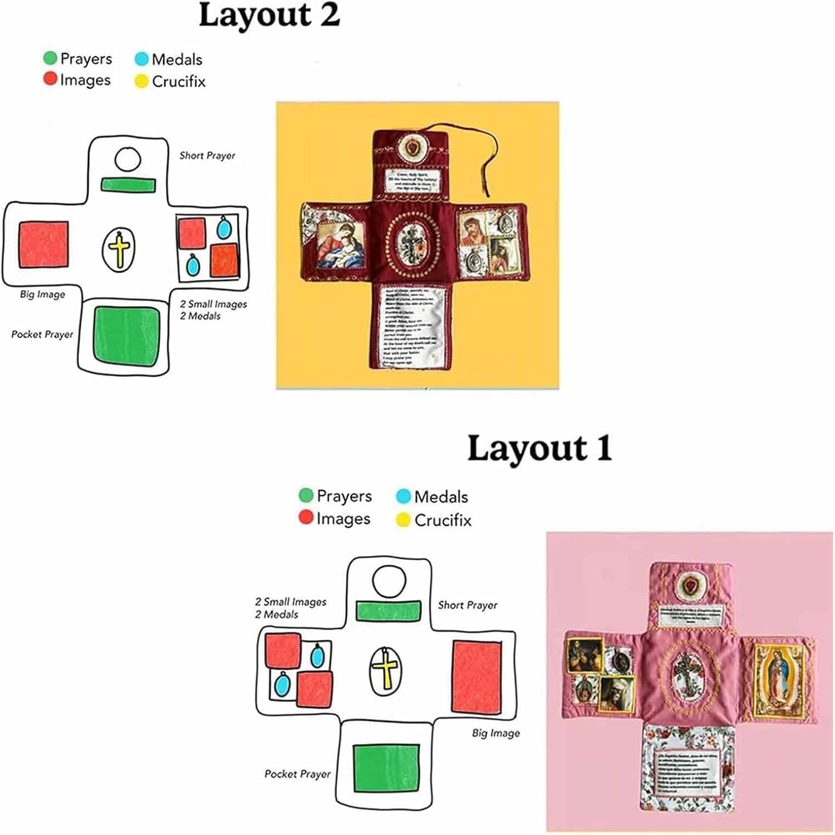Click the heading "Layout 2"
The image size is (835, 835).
pos(269,16)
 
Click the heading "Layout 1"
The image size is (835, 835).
pos(539,449)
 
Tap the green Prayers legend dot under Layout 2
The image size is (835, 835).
pos(50,58)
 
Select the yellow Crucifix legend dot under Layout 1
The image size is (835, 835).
pos(403,520)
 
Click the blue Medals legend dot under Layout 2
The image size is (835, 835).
pos(142,59)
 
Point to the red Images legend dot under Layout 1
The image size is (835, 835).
pos(306,517)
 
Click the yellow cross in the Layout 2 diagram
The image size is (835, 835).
pos(119,249)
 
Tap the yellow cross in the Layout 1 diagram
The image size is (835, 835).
pos(385,671)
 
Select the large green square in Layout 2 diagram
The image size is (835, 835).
pos(126,336)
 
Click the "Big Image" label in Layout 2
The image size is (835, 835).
pos(42,294)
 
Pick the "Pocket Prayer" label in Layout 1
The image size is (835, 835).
pos(297,774)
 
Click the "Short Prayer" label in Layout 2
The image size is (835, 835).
pos(207,155)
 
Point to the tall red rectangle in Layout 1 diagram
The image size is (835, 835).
pos(476,677)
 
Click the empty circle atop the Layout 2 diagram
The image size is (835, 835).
pos(127,160)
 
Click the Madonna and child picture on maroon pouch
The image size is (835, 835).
pos(340,243)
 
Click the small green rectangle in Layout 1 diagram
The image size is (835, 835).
pos(388,611)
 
